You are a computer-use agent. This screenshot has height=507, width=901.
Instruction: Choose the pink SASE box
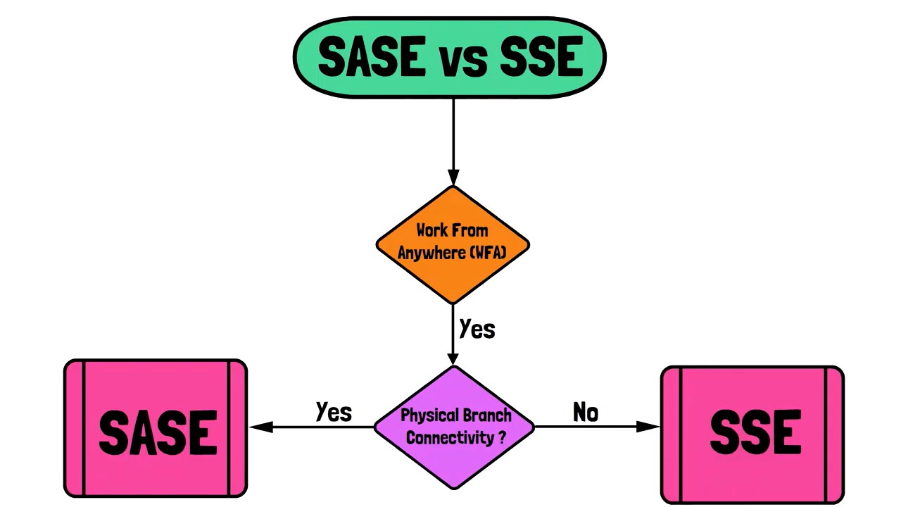(156, 429)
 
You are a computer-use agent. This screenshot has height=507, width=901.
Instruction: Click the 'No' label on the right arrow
(586, 412)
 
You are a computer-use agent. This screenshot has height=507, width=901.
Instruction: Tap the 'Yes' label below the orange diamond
(477, 329)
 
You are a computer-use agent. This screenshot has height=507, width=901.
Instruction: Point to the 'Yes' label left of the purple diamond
(334, 412)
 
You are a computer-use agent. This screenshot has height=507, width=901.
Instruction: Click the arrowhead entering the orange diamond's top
(453, 177)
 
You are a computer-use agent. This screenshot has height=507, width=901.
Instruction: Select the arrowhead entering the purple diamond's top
(453, 357)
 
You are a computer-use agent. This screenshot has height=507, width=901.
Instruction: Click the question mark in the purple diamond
(502, 437)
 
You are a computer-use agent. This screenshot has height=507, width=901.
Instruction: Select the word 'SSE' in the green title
(541, 57)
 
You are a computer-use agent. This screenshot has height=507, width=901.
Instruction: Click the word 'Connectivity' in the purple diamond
(450, 438)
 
